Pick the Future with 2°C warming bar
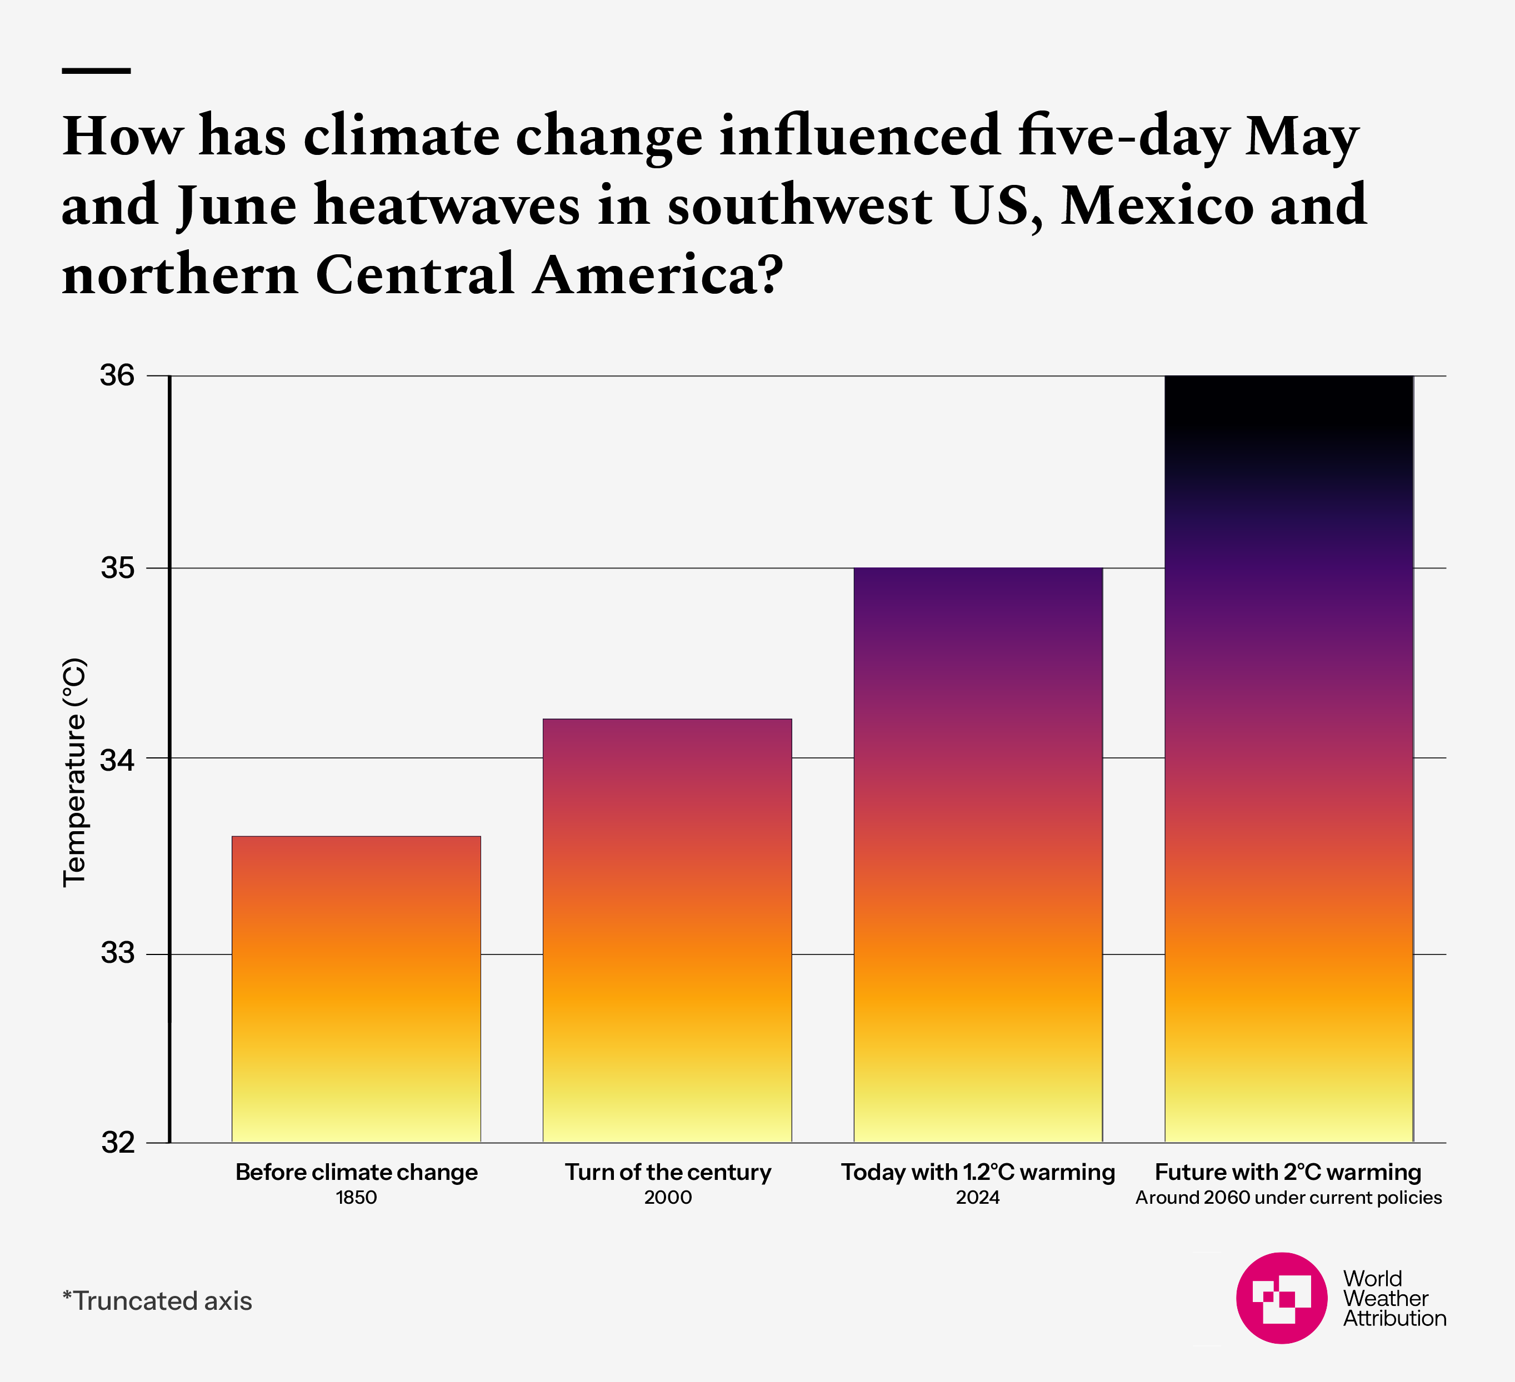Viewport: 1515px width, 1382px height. (x=1289, y=758)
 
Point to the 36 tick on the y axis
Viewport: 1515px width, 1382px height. (x=117, y=375)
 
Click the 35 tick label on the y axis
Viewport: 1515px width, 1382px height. (x=117, y=569)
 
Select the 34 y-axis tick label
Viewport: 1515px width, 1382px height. (x=117, y=760)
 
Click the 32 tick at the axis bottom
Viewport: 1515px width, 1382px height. (x=117, y=1143)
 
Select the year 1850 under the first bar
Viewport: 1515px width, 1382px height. (x=356, y=1197)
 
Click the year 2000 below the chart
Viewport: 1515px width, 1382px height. (x=667, y=1197)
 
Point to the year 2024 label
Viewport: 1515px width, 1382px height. (x=978, y=1197)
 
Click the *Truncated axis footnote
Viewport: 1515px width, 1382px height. (x=157, y=1301)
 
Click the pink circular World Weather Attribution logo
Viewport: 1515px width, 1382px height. (x=1281, y=1298)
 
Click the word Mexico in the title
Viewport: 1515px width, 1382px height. (x=1157, y=205)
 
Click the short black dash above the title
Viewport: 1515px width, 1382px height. (x=96, y=71)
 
